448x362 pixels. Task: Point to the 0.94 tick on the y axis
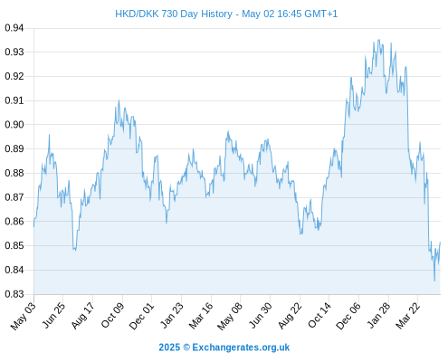point(14,28)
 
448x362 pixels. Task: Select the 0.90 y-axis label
point(14,125)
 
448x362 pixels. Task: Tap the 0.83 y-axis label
point(14,294)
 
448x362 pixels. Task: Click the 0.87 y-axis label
point(14,197)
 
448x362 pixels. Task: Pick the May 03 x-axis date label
point(24,316)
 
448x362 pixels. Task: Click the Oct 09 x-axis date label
point(112,315)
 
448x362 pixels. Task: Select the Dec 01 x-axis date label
point(141,316)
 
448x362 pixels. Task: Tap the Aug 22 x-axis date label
point(291,316)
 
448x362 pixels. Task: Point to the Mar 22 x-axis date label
point(408,316)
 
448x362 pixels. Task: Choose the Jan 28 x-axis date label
point(378,315)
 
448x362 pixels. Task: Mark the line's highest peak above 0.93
point(379,40)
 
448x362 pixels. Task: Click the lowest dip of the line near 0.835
point(434,281)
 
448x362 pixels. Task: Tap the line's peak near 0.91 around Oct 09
point(119,100)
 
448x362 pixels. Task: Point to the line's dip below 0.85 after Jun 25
point(75,250)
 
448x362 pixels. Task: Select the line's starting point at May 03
point(33,226)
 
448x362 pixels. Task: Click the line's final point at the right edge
point(440,243)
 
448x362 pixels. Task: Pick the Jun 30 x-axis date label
point(261,315)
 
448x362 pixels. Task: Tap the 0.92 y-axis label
point(14,76)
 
